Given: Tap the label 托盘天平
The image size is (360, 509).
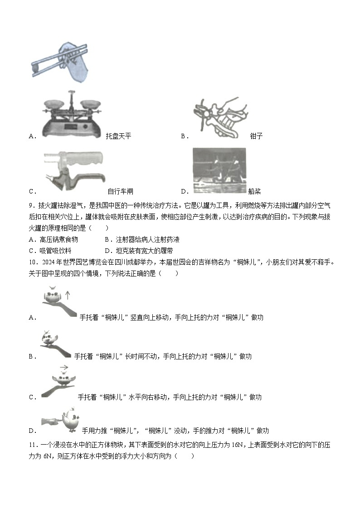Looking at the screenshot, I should tap(118, 136).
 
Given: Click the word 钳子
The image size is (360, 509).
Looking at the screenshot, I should tap(256, 136).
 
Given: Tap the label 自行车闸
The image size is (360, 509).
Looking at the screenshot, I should tap(120, 191).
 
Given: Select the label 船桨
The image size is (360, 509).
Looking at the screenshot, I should tap(254, 191).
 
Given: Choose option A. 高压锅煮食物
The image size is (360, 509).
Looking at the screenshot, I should tap(53, 239).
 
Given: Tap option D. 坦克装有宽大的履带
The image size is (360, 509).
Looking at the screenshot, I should tap(138, 251).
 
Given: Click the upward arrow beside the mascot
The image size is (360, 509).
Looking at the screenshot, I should tap(68, 296).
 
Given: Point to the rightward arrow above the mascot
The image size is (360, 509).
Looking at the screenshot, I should tap(64, 368).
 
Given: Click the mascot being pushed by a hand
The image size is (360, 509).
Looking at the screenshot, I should tap(71, 420).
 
